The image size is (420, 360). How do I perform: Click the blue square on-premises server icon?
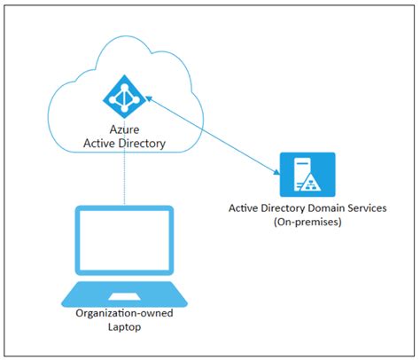click(307, 173)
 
